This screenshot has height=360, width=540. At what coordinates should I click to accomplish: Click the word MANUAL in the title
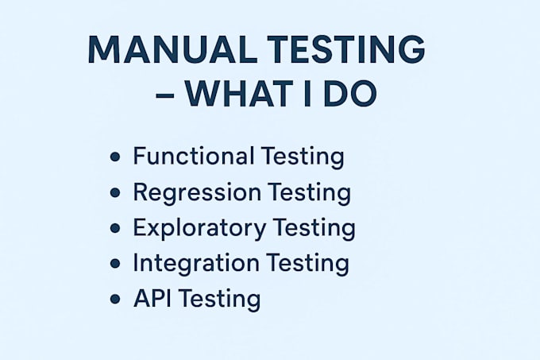click(x=173, y=49)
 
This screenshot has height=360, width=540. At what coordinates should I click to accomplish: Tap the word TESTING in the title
click(x=346, y=49)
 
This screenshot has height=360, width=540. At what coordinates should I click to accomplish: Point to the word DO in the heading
click(x=350, y=94)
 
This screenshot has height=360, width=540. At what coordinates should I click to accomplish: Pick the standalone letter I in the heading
click(x=308, y=94)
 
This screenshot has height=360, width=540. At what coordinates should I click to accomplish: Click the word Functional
click(x=194, y=156)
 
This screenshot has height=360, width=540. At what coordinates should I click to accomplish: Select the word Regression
click(x=197, y=193)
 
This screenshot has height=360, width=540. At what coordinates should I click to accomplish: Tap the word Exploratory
click(x=200, y=228)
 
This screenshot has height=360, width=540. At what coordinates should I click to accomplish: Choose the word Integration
click(x=196, y=264)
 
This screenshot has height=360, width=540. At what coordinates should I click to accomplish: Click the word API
click(x=152, y=298)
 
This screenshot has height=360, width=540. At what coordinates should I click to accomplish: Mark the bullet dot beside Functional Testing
click(x=115, y=157)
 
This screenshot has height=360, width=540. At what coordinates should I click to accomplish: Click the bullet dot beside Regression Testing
click(x=115, y=192)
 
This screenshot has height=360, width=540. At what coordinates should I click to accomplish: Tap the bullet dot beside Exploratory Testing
click(x=115, y=228)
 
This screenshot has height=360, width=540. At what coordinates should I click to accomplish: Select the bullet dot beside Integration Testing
click(x=115, y=264)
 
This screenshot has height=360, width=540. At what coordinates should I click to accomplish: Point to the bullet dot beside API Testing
click(x=115, y=299)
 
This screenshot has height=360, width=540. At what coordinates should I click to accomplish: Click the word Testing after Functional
click(x=303, y=157)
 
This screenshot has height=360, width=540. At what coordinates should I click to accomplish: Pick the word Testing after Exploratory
click(x=314, y=229)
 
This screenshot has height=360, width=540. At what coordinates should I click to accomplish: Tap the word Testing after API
click(x=219, y=300)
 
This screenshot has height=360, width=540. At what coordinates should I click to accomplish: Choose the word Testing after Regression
click(x=309, y=194)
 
